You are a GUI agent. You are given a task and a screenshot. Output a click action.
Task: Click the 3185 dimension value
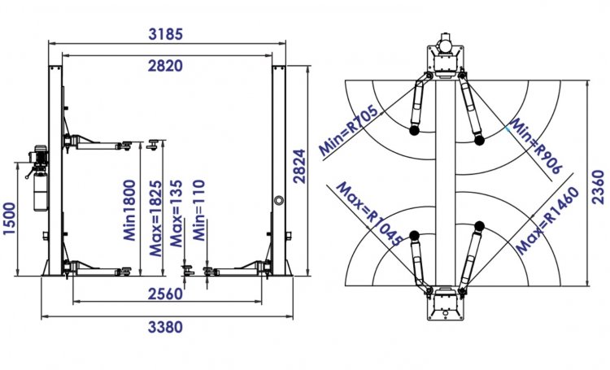167,34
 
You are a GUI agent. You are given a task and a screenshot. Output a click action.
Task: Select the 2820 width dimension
166,66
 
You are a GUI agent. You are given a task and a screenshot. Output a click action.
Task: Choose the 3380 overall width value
166,328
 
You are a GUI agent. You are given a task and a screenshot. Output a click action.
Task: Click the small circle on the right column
279,198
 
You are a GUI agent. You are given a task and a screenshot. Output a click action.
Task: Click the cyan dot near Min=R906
508,127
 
